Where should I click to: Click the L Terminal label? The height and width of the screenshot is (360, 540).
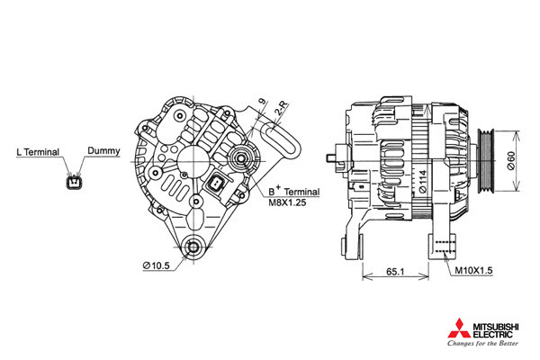(38, 152)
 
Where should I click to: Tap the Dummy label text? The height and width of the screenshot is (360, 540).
(103, 150)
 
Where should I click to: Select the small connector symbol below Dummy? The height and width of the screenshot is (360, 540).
(75, 182)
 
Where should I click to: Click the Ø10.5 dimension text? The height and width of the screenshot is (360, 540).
(157, 265)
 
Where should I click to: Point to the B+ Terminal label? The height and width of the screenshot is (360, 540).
(293, 191)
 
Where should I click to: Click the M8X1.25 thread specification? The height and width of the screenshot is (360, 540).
(287, 202)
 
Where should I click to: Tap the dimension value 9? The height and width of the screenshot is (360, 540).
(263, 102)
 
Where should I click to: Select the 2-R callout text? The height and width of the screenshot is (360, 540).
(282, 109)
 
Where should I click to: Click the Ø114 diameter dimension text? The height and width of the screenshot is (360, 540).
(423, 181)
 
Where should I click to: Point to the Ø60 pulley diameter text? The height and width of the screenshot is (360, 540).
(511, 161)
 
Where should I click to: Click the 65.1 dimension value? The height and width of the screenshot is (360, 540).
(395, 272)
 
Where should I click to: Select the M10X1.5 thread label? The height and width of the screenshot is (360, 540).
(474, 270)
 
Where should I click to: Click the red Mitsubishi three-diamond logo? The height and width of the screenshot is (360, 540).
(459, 329)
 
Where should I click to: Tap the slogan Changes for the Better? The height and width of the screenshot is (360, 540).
(482, 343)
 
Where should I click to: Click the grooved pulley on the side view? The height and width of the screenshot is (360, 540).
(486, 160)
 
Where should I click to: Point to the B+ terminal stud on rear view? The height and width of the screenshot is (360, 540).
(241, 158)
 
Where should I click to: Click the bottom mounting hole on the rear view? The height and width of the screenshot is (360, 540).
(193, 247)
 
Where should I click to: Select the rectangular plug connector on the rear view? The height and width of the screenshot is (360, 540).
(216, 184)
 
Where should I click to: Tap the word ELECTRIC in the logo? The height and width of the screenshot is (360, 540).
(492, 335)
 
